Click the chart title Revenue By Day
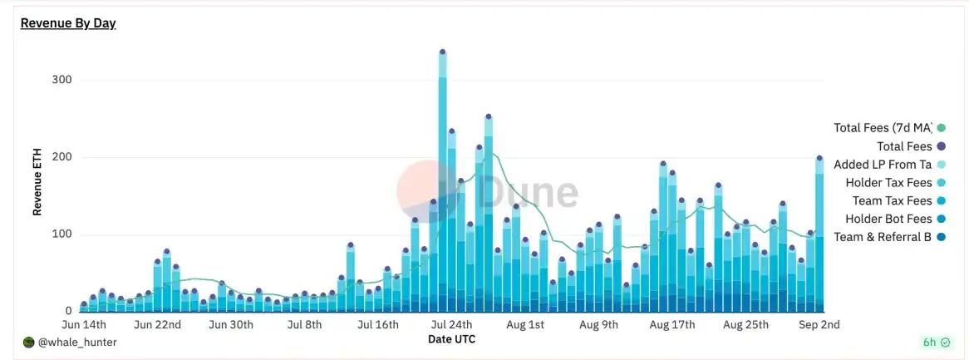(x=68, y=23)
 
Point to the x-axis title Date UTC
(x=451, y=339)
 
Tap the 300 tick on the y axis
(x=62, y=80)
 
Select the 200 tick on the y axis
(x=62, y=157)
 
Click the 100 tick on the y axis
(x=62, y=234)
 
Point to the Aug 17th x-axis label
(x=671, y=324)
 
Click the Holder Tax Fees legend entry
(x=888, y=183)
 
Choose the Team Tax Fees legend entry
(x=892, y=201)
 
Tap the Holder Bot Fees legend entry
(x=888, y=219)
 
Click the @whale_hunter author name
(x=77, y=342)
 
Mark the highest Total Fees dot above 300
(x=442, y=52)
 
